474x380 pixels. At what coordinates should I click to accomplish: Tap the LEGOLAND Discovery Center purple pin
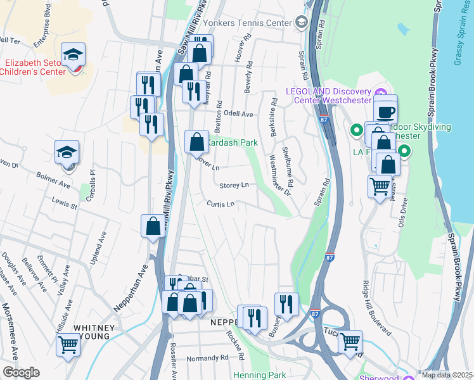pyautogui.click(x=380, y=92)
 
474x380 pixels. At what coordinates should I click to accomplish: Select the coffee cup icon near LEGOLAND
pyautogui.click(x=385, y=112)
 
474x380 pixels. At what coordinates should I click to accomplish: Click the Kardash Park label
pyautogui.click(x=233, y=142)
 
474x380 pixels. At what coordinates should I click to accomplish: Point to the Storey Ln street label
pyautogui.click(x=233, y=186)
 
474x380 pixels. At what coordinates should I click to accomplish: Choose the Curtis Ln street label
pyautogui.click(x=221, y=204)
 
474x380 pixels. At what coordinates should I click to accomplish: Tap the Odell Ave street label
pyautogui.click(x=238, y=114)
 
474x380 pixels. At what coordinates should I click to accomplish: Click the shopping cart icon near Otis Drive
pyautogui.click(x=380, y=186)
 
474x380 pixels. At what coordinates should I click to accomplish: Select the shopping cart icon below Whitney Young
pyautogui.click(x=68, y=345)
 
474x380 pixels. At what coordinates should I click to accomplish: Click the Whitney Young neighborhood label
pyautogui.click(x=94, y=332)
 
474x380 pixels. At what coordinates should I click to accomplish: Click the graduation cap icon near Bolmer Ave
pyautogui.click(x=67, y=153)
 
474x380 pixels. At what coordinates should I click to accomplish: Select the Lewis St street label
pyautogui.click(x=65, y=205)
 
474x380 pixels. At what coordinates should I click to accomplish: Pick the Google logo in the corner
pyautogui.click(x=20, y=372)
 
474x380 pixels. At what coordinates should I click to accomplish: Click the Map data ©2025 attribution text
pyautogui.click(x=446, y=375)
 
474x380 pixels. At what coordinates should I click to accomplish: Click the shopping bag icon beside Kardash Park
pyautogui.click(x=196, y=141)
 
